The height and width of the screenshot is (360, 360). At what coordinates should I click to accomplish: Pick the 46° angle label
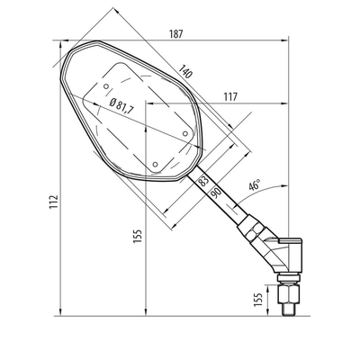[x=256, y=184]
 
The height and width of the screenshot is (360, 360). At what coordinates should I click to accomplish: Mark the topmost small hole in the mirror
[x=108, y=87]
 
